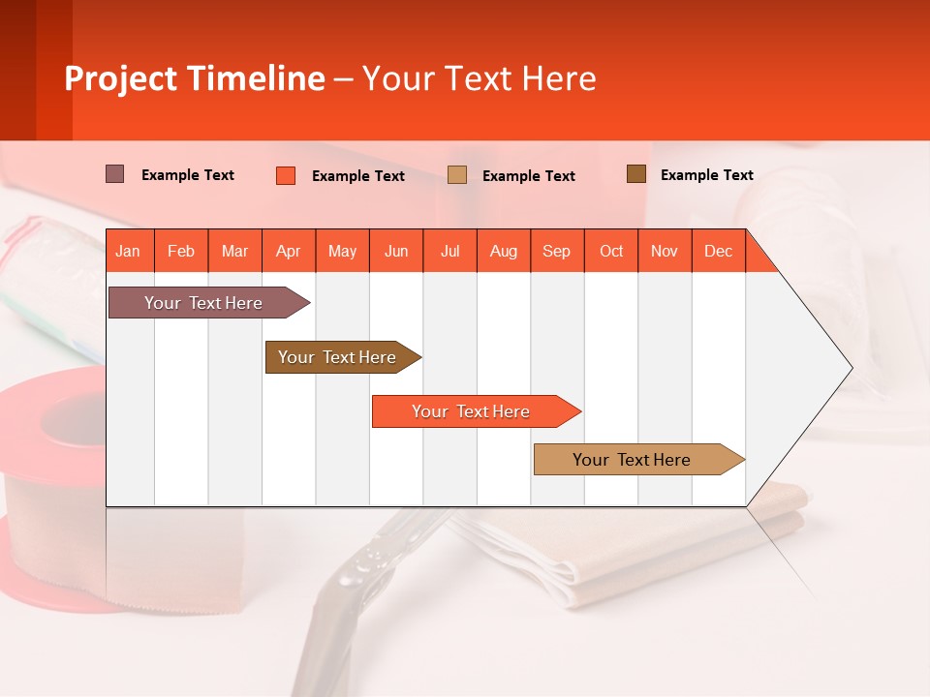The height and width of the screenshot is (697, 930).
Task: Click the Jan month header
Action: point(128,251)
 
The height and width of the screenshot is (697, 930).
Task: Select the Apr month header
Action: point(289,251)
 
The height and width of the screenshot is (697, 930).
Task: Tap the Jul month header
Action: point(449,251)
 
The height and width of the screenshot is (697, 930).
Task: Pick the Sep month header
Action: point(556,251)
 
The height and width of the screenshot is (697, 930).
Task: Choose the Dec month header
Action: point(718,251)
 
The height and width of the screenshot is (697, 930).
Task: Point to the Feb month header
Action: point(181,251)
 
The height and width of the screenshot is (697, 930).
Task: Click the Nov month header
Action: point(665,251)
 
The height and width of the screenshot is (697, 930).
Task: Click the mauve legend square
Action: point(115,174)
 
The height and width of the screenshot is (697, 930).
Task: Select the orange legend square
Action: point(286,175)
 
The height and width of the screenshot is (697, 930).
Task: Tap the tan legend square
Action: point(457,174)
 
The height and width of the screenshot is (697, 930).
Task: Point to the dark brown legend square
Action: point(636,174)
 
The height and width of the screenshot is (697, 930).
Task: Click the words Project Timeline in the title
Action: point(195,78)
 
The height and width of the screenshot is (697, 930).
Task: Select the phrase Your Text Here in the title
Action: point(479,78)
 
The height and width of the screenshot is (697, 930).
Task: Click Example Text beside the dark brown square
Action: point(706,175)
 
